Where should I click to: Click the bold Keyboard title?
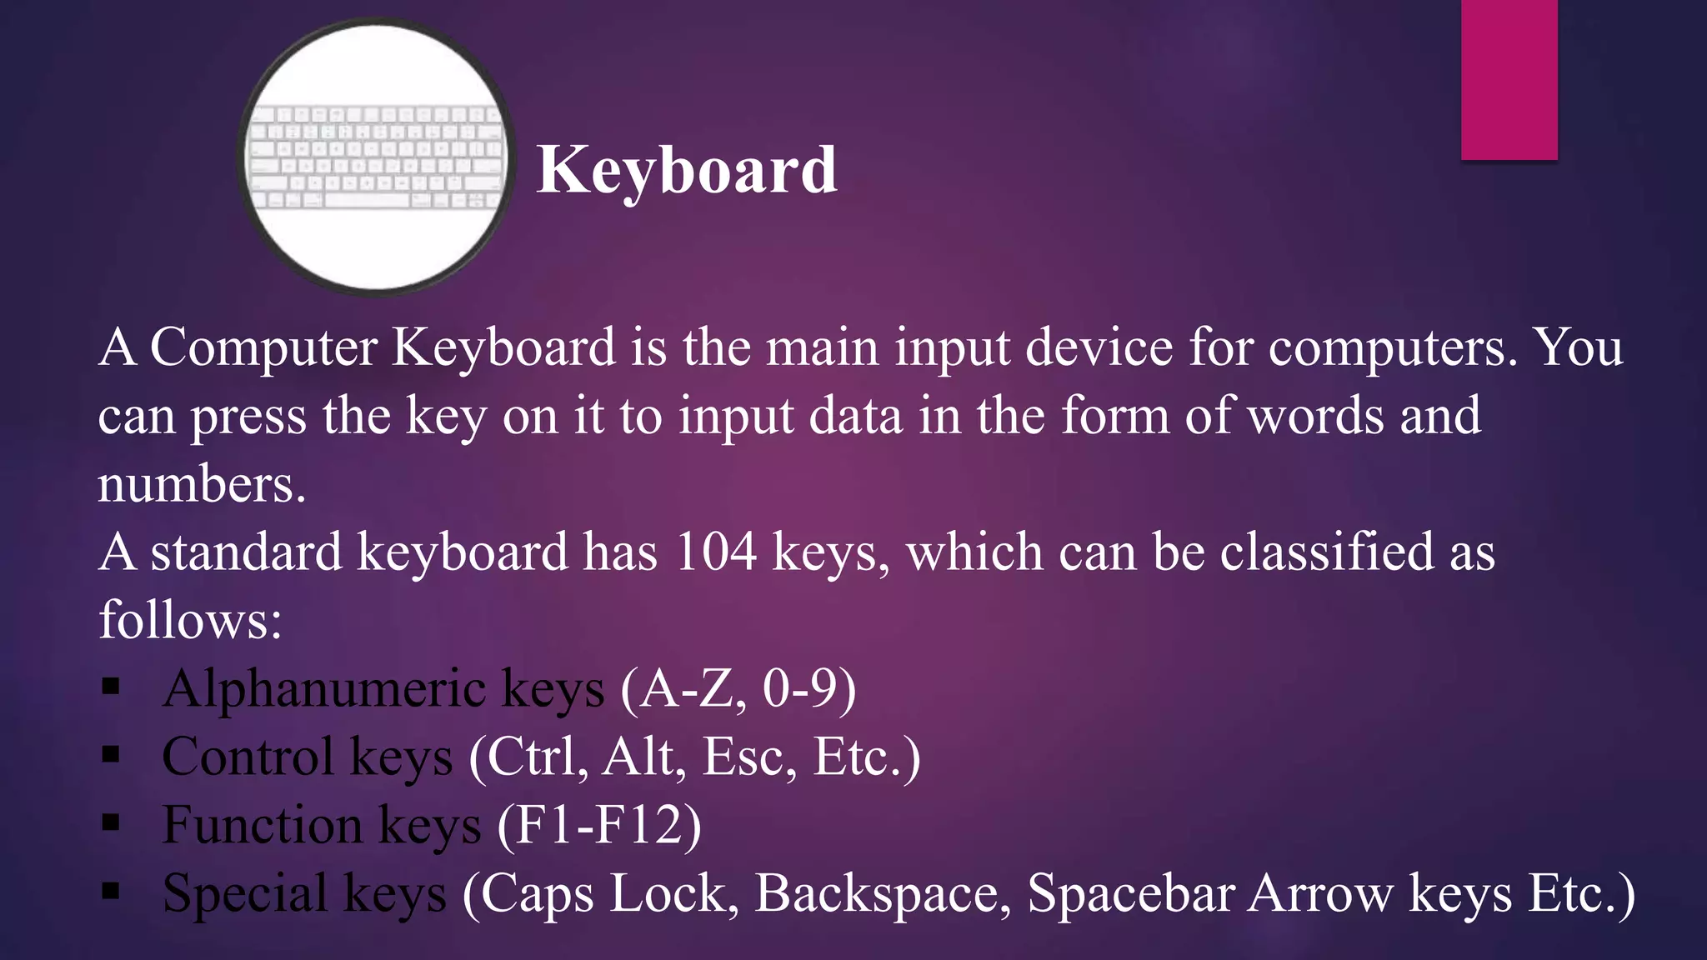[x=687, y=170]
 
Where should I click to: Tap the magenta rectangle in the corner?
[x=1509, y=79]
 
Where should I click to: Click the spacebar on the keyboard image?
[x=367, y=201]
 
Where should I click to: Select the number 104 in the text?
[x=715, y=552]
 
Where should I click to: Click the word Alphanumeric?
[x=324, y=689]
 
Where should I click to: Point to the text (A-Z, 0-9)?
[x=738, y=689]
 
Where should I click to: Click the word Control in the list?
[x=248, y=757]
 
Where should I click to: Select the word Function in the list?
[x=262, y=826]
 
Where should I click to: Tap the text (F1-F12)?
[x=599, y=826]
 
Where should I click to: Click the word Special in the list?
[x=244, y=894]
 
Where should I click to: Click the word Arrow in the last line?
[x=1320, y=894]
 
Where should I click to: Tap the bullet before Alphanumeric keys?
[x=111, y=687]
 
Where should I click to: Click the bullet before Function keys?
[x=111, y=824]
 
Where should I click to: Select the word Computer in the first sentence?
[x=263, y=347]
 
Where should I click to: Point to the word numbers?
[x=201, y=484]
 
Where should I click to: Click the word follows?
[x=191, y=621]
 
